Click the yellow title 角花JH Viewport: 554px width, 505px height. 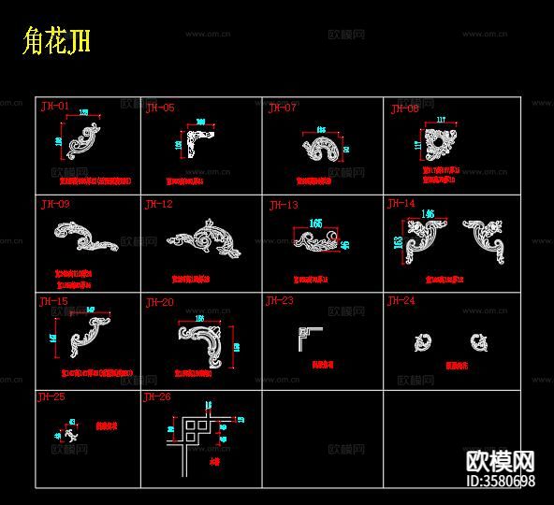point(55,42)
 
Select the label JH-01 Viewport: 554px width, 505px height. point(55,107)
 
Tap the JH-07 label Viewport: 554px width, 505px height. point(282,108)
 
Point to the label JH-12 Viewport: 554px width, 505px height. point(158,204)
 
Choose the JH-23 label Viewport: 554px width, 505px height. point(280,301)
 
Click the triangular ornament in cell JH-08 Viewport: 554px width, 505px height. point(438,148)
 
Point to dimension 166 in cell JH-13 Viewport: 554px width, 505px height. point(315,224)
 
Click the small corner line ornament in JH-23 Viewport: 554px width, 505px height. point(309,334)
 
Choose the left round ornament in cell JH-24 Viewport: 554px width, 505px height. point(423,342)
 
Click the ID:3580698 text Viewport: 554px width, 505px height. point(500,482)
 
